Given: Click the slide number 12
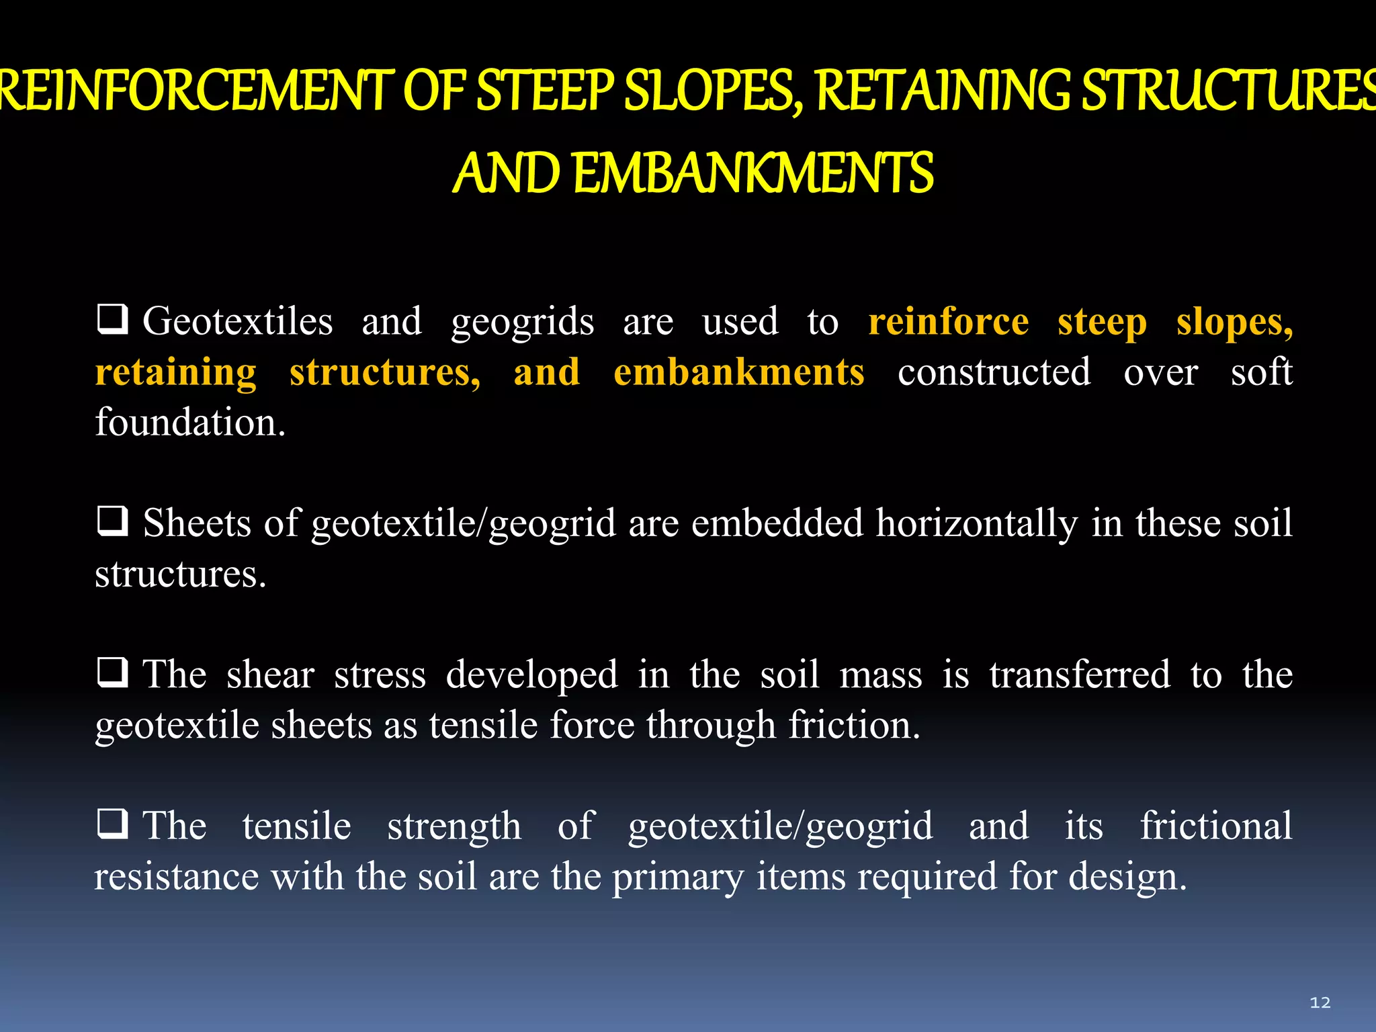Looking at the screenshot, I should coord(1320,1002).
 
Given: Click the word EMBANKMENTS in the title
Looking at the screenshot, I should coord(753,173).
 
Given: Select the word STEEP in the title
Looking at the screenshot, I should coord(545,91).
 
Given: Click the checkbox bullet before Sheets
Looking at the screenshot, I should coord(112,521).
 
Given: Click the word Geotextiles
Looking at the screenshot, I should coord(238,321).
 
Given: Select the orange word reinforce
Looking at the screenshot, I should coord(948,321).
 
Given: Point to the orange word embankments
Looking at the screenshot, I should coord(738,372).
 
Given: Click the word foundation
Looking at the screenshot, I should coord(190,423).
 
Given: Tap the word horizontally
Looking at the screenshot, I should coord(977,523).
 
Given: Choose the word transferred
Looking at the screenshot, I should coord(1080,675).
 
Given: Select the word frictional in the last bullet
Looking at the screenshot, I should coord(1216,826).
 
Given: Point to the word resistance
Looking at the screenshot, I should coord(176,877).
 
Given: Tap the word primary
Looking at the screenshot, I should coord(678,877).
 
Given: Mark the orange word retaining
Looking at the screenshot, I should coord(176,372).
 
